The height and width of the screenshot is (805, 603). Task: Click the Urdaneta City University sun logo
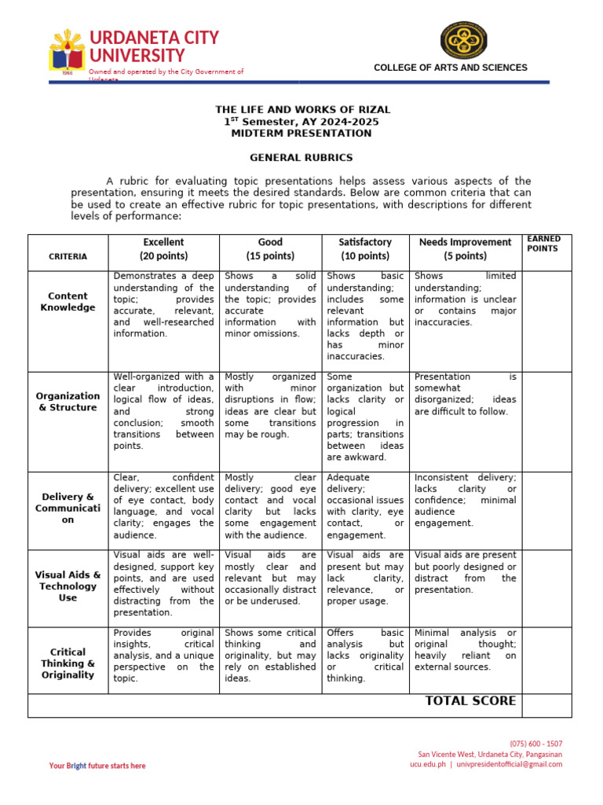point(68,51)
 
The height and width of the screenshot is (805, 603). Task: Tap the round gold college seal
point(463,40)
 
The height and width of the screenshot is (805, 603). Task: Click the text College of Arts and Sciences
point(450,68)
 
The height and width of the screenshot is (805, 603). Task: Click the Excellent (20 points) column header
point(163,249)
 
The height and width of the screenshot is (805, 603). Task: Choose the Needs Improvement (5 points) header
point(465,249)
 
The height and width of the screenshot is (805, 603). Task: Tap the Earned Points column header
point(543,244)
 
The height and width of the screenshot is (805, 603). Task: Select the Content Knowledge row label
point(68,302)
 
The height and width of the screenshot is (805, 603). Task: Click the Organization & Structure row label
point(68,402)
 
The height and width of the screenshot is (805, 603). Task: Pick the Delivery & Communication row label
point(68,508)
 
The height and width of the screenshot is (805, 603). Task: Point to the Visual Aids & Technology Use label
point(68,586)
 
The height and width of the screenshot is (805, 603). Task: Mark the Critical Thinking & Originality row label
point(68,663)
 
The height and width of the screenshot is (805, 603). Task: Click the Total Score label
point(470,701)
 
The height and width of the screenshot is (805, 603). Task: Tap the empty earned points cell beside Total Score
point(546,705)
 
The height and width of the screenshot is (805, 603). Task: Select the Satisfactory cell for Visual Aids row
point(365,579)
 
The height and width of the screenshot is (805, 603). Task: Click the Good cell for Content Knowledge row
point(270,305)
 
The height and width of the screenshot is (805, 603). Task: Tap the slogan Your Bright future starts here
point(97,766)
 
